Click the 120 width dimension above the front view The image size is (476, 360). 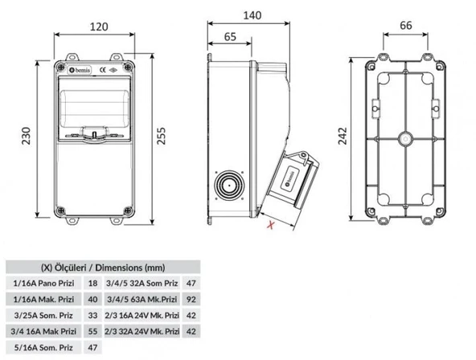pos(98,27)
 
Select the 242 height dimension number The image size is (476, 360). pos(343,138)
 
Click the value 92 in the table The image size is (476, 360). pos(191,300)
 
